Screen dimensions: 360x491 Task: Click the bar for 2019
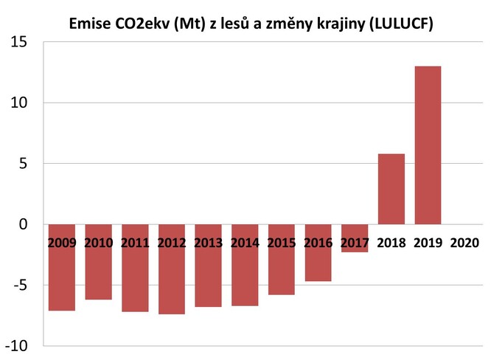[428, 145]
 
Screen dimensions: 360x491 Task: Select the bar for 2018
[391, 189]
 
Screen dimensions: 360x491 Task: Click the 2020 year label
[464, 242]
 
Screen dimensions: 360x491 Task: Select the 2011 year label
[134, 242]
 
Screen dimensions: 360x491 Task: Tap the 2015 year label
[281, 242]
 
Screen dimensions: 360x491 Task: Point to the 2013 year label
[208, 242]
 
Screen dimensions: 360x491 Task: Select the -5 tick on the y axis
[21, 285]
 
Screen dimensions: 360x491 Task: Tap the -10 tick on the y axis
[18, 345]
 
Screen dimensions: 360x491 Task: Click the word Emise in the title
[88, 24]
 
